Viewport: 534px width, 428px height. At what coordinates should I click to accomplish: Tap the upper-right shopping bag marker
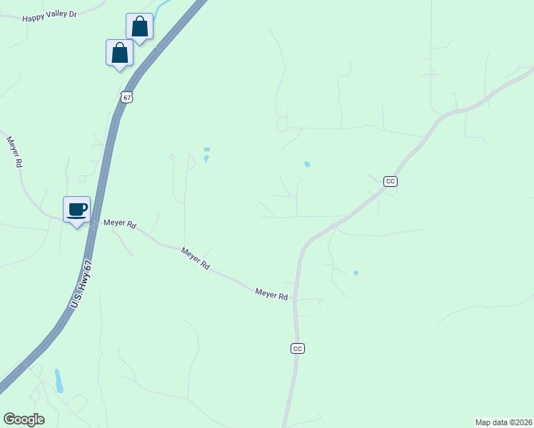coord(139,28)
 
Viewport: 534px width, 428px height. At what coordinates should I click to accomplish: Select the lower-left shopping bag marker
coord(119,53)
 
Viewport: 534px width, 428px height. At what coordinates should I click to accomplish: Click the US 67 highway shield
coord(126,97)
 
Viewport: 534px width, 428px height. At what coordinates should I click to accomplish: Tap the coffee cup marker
coord(77,210)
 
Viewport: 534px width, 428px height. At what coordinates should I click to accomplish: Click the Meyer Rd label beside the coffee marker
coord(119,223)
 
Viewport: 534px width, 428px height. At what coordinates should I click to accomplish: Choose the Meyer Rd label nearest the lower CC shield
coord(271,294)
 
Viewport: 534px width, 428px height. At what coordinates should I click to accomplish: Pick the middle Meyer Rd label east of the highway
coord(195,258)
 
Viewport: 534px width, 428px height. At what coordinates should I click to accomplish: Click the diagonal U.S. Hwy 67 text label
coord(82,285)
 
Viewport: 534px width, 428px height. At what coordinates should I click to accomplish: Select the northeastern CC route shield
coord(390,181)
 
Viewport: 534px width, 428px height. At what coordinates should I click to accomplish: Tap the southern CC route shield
coord(298,348)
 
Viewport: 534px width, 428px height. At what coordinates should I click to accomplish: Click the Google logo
coord(24,419)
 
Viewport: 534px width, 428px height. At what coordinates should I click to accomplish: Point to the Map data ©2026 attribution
coord(503,422)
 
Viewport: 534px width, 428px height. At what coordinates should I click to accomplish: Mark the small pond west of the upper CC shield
coord(307,164)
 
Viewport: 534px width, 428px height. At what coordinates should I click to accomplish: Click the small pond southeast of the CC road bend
coord(356,272)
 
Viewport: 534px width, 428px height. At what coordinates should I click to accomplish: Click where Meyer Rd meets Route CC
coord(296,299)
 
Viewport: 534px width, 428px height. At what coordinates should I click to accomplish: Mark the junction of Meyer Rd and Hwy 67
coord(93,223)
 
